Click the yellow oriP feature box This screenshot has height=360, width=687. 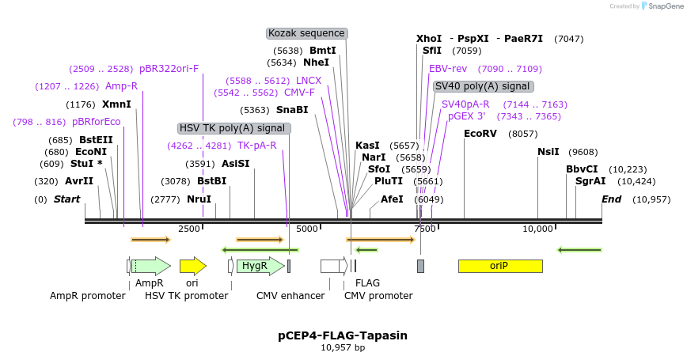point(500,266)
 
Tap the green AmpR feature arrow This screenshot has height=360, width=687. point(150,266)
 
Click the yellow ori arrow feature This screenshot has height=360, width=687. point(192,266)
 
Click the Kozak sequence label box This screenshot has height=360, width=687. point(307,33)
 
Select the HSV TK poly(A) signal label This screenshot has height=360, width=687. point(232,128)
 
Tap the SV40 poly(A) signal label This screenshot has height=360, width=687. point(483,86)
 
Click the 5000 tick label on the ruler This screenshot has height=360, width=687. point(307,229)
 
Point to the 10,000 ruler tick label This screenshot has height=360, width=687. point(537,229)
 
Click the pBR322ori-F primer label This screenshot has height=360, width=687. point(169,69)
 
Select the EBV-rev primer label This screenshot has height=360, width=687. point(448,69)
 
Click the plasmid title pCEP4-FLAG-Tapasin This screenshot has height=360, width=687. point(343,335)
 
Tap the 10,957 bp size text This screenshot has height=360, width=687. point(343,347)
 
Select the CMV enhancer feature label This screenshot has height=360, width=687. point(290,296)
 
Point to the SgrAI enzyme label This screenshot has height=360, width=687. point(591,181)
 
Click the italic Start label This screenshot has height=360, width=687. point(67,199)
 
